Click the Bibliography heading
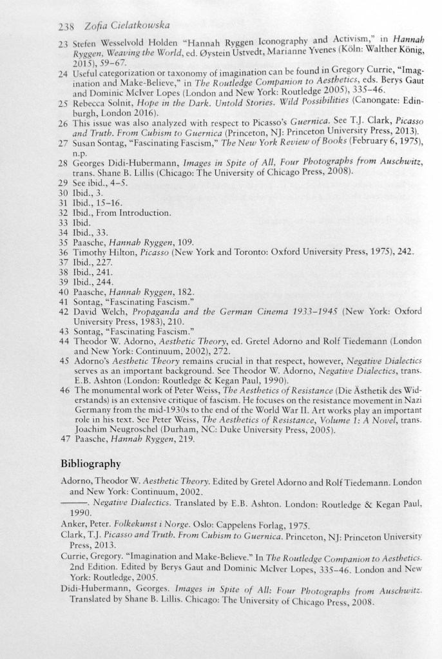91,463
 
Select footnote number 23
63,45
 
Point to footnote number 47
63,440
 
